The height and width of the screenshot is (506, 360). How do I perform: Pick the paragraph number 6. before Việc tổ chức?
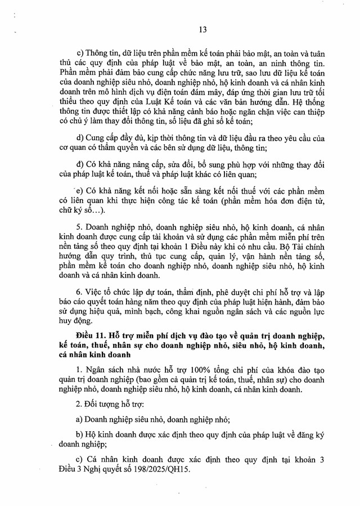pyautogui.click(x=80, y=293)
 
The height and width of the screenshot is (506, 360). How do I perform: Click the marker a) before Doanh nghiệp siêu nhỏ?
pyautogui.click(x=79, y=419)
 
